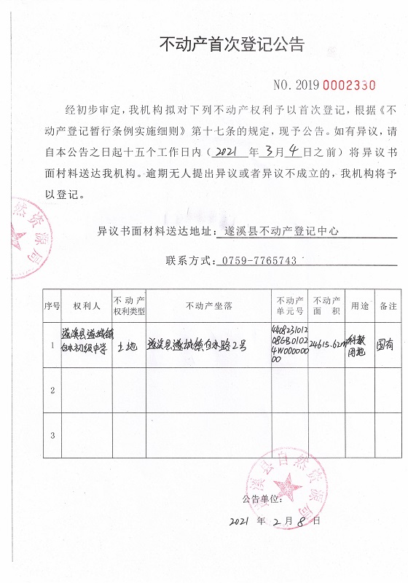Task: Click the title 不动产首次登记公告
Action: [232, 45]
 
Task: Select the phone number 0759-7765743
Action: [257, 260]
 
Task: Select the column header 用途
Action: [360, 307]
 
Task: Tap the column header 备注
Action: [388, 307]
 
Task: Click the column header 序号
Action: [52, 307]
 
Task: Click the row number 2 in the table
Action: [52, 391]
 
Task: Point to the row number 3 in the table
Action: [52, 436]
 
